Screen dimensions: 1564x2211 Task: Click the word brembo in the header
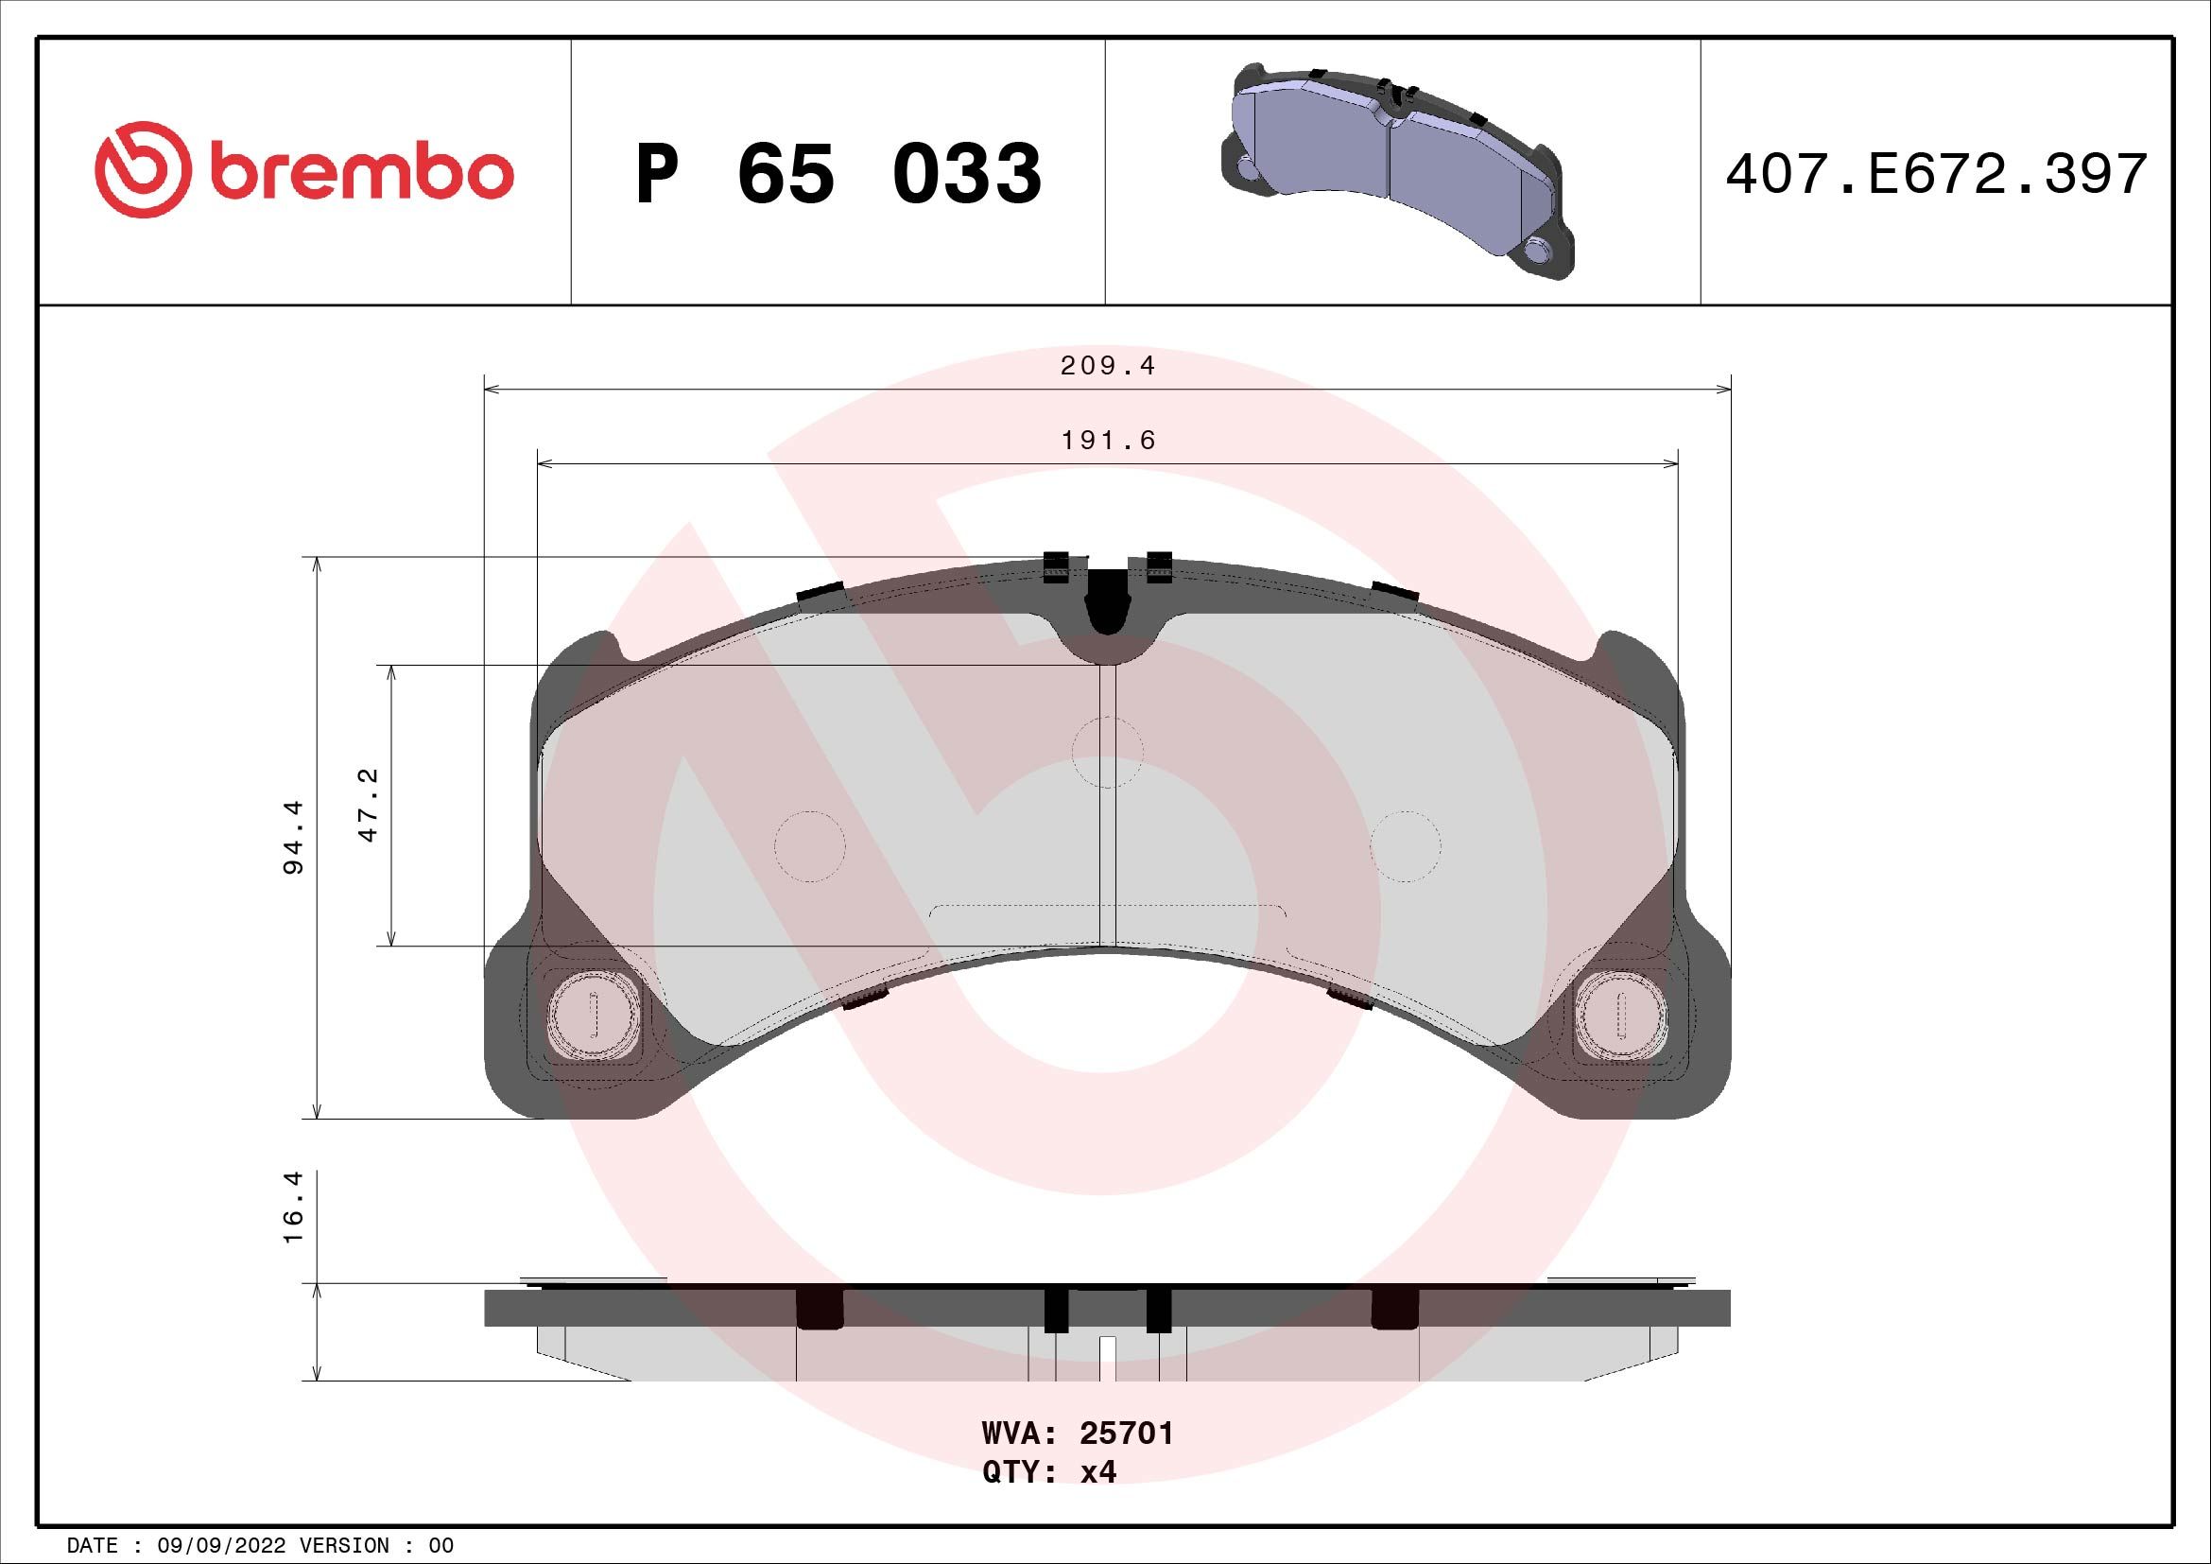click(358, 173)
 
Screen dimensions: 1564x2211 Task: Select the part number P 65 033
click(838, 174)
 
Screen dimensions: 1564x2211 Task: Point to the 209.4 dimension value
click(1108, 366)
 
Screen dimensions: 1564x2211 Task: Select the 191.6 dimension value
click(1108, 440)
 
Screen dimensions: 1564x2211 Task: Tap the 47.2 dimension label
click(369, 805)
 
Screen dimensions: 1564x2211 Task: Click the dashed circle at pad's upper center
click(1107, 751)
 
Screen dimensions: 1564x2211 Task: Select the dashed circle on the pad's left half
click(810, 845)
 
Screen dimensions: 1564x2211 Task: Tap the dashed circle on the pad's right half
click(1405, 845)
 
